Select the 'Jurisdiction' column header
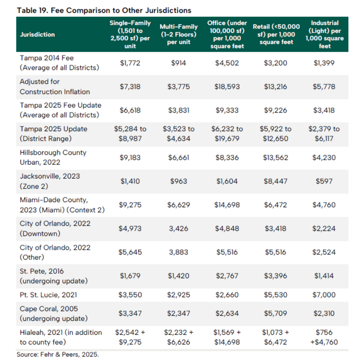[38, 34]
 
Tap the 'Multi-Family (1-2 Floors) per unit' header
[177, 34]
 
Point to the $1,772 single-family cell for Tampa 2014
[130, 63]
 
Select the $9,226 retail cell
[275, 110]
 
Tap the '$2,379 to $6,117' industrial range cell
[324, 133]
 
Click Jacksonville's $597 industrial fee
[324, 181]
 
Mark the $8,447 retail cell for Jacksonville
[275, 181]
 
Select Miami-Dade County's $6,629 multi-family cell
[178, 205]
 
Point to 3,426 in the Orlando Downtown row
[178, 228]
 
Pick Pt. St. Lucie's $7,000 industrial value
[324, 295]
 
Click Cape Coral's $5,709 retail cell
[275, 314]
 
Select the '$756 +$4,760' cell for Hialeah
[324, 337]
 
